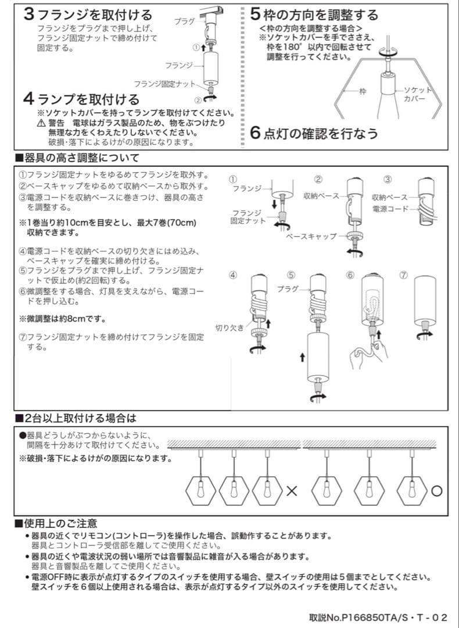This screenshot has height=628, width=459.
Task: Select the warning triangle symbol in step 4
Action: pyautogui.click(x=41, y=124)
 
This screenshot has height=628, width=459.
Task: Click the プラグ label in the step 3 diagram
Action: pyautogui.click(x=184, y=21)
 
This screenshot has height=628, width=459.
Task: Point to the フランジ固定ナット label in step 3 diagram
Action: pyautogui.click(x=164, y=84)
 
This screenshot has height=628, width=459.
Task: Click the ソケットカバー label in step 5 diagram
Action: pyautogui.click(x=418, y=94)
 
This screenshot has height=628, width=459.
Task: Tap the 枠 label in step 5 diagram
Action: pyautogui.click(x=363, y=91)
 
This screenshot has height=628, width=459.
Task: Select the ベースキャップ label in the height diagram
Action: pyautogui.click(x=311, y=236)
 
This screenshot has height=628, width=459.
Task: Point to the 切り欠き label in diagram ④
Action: pyautogui.click(x=230, y=327)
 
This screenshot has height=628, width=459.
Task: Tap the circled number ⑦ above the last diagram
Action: pyautogui.click(x=403, y=275)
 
